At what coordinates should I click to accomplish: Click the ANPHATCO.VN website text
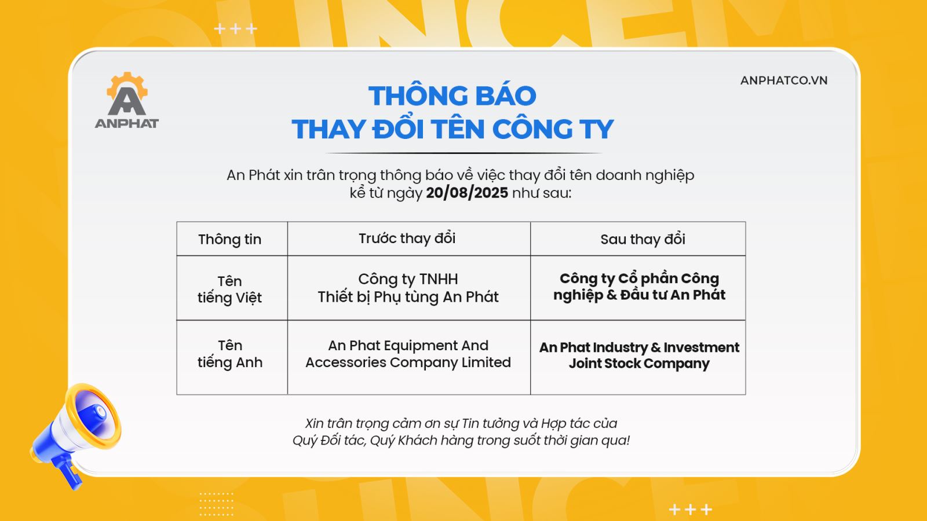(x=784, y=80)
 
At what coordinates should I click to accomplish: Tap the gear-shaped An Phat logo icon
(x=127, y=94)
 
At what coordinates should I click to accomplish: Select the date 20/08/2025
(x=467, y=193)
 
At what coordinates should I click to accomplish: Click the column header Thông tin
(x=229, y=239)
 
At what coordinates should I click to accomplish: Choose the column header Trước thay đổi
(x=407, y=238)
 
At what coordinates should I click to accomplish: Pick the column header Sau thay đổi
(x=643, y=239)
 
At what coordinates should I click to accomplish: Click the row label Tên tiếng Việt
(x=229, y=289)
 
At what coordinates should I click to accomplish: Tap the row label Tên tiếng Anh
(x=229, y=354)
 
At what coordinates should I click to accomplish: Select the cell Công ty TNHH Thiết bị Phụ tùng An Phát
(x=408, y=288)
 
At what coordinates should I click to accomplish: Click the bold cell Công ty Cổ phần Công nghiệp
(x=640, y=287)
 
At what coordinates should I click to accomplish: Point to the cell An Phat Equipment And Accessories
(x=408, y=354)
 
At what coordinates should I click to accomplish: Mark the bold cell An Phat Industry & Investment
(x=640, y=355)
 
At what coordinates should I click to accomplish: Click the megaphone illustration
(x=76, y=434)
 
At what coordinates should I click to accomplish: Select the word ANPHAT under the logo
(x=127, y=123)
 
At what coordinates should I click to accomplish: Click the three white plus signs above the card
(x=235, y=28)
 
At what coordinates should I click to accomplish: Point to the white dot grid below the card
(x=217, y=504)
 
